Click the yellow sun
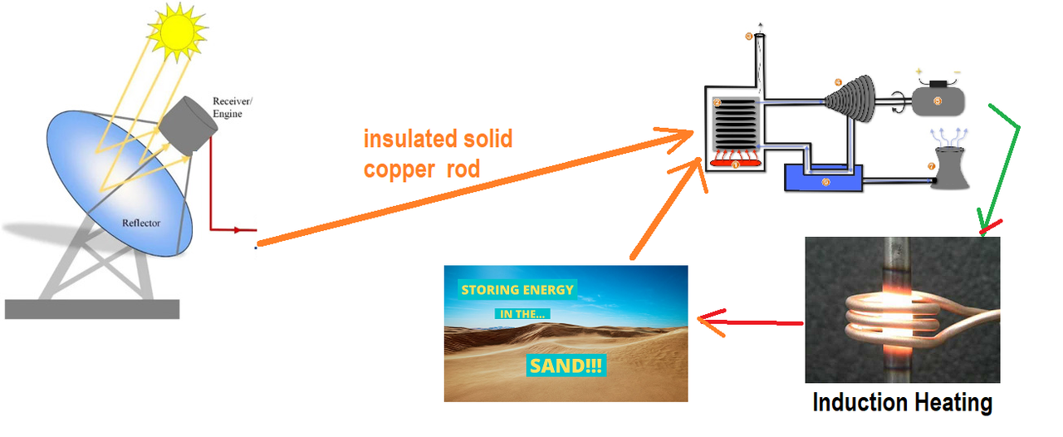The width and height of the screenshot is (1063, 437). [177, 32]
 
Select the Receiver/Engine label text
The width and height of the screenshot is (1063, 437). [232, 107]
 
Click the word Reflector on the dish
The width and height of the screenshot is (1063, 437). [141, 223]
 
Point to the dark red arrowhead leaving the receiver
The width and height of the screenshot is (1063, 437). [249, 230]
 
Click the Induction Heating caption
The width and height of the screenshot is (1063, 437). [902, 403]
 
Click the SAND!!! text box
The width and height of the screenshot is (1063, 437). [566, 365]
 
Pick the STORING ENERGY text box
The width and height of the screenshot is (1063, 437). [517, 290]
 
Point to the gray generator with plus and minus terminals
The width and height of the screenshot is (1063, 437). [938, 101]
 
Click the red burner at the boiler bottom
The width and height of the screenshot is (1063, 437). [736, 164]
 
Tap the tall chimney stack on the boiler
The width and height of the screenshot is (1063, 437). [758, 58]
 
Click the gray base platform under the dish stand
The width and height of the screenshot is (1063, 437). [91, 309]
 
